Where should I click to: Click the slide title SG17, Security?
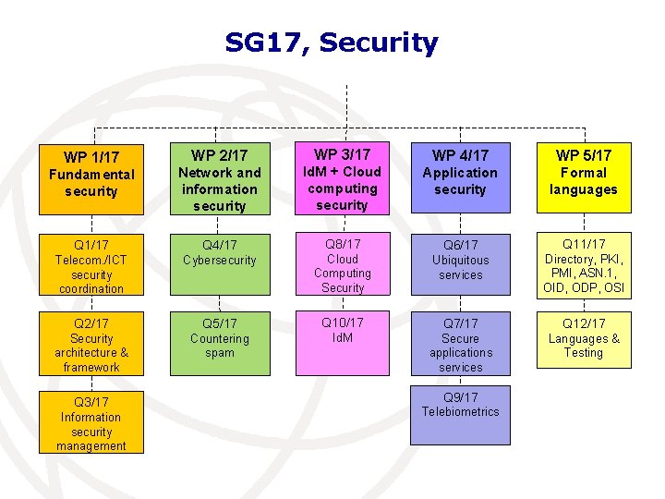coord(332,43)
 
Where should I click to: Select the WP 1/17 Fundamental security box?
coord(91,176)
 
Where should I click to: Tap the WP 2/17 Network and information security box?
coord(220,176)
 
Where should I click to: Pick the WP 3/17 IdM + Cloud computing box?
coord(343,176)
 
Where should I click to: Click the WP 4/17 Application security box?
coord(460,176)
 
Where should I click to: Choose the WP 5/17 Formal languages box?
coord(583,176)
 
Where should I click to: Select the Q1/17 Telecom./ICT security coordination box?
coord(91,266)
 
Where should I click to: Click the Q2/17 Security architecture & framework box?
coord(91,344)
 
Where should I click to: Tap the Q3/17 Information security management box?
coord(91,422)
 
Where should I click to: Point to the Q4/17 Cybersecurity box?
coord(220,266)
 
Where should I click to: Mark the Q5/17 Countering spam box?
coord(220,344)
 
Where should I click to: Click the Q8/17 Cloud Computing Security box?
coord(343,266)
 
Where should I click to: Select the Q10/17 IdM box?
coord(343,344)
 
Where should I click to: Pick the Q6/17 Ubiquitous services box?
coord(460,266)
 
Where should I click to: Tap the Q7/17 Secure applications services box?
coord(460,344)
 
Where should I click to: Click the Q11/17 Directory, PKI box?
coord(583,266)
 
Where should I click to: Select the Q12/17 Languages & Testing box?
coord(583,344)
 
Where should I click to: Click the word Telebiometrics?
coord(460,412)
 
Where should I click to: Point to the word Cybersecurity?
coord(220,261)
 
